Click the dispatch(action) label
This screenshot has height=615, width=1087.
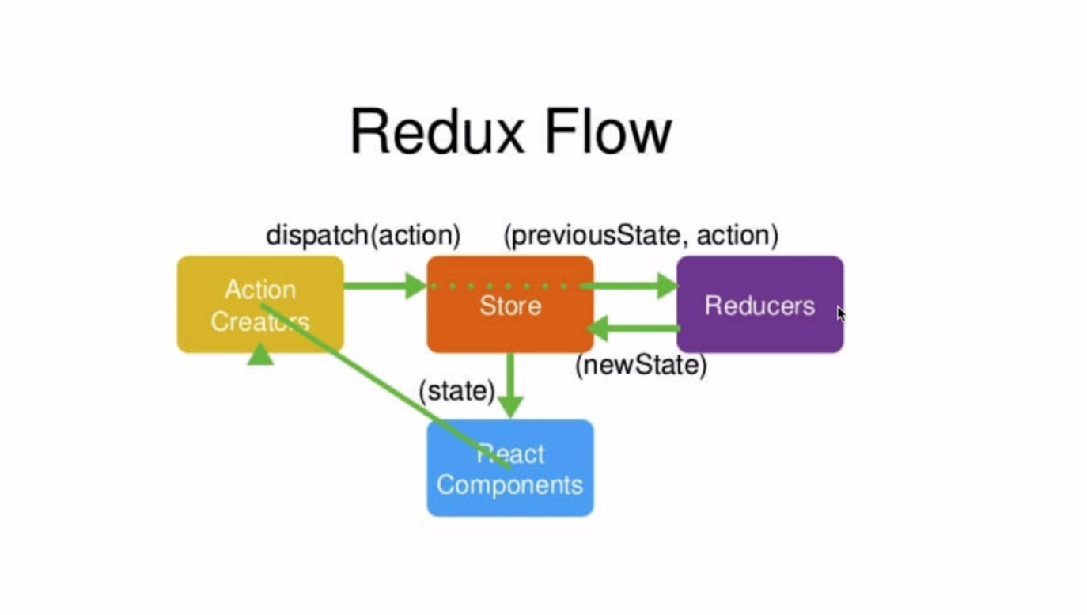(363, 235)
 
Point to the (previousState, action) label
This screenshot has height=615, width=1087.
(641, 235)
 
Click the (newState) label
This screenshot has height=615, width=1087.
(641, 365)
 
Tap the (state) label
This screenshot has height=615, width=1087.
(456, 390)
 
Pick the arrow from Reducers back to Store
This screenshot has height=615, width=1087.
(633, 327)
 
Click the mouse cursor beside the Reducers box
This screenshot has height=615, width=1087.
(840, 313)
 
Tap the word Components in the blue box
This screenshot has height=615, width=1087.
(509, 484)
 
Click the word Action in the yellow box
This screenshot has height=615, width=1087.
(260, 289)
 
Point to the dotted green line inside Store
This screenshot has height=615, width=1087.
(506, 286)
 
